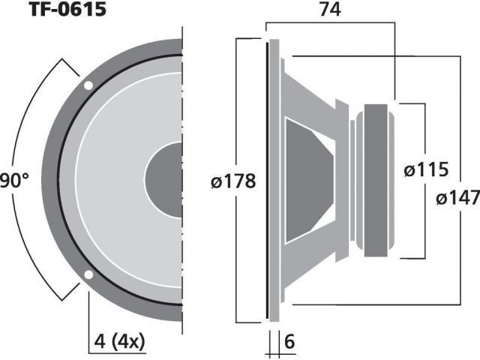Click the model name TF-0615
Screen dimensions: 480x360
[x=68, y=9]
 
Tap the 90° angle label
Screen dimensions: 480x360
[x=14, y=180]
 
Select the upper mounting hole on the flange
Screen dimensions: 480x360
[x=88, y=85]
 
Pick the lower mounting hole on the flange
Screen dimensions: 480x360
[x=88, y=275]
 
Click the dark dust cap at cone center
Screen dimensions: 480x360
[x=163, y=180]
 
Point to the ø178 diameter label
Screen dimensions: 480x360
[x=233, y=181]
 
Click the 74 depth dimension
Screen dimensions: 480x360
[x=330, y=10]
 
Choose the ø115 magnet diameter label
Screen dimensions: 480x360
[x=426, y=169]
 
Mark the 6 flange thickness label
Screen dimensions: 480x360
[x=289, y=341]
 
